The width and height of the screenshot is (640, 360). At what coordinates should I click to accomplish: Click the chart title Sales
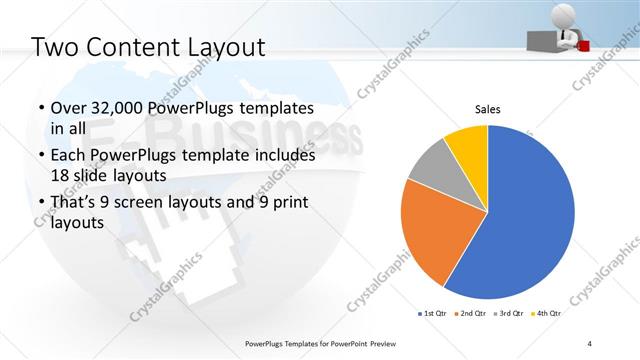click(x=487, y=110)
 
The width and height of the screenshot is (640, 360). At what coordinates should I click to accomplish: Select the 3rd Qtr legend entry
click(x=513, y=313)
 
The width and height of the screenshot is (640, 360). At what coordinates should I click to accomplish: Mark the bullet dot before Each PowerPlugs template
click(x=39, y=156)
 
